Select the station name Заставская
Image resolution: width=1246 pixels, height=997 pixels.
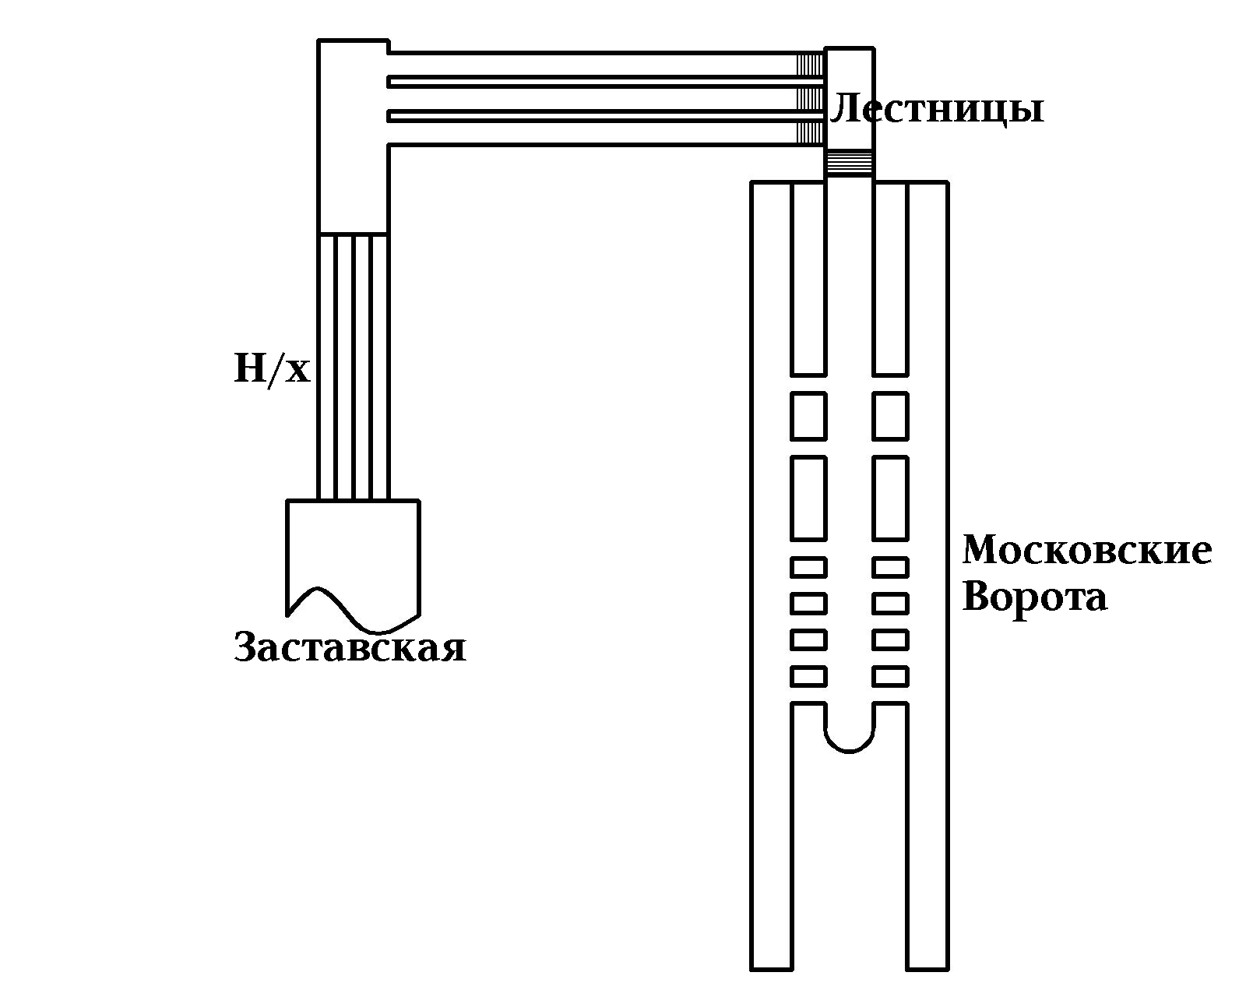[x=350, y=647]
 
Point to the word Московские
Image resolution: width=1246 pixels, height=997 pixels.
[x=1087, y=550]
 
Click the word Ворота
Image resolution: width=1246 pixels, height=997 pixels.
[x=1035, y=597]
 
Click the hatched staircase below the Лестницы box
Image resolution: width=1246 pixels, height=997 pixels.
[x=849, y=164]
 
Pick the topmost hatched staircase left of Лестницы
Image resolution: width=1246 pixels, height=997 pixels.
[x=809, y=64]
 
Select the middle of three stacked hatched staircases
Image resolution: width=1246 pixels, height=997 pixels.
[x=809, y=99]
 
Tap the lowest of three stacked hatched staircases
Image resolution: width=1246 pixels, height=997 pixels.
[x=809, y=132]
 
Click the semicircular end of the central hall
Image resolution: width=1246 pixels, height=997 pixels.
[x=849, y=736]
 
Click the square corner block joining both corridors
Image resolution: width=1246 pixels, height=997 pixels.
[x=353, y=136]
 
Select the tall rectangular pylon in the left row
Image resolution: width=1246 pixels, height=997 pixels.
[x=808, y=498]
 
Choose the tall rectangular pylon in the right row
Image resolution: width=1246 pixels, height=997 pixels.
[x=890, y=498]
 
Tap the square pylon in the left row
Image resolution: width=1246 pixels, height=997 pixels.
[x=808, y=416]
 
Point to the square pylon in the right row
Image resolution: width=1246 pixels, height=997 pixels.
[x=890, y=416]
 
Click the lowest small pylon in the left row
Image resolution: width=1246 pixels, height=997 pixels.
[x=808, y=676]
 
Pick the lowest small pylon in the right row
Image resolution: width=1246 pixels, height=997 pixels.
[x=890, y=676]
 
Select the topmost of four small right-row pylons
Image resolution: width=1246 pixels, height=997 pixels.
[x=890, y=567]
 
